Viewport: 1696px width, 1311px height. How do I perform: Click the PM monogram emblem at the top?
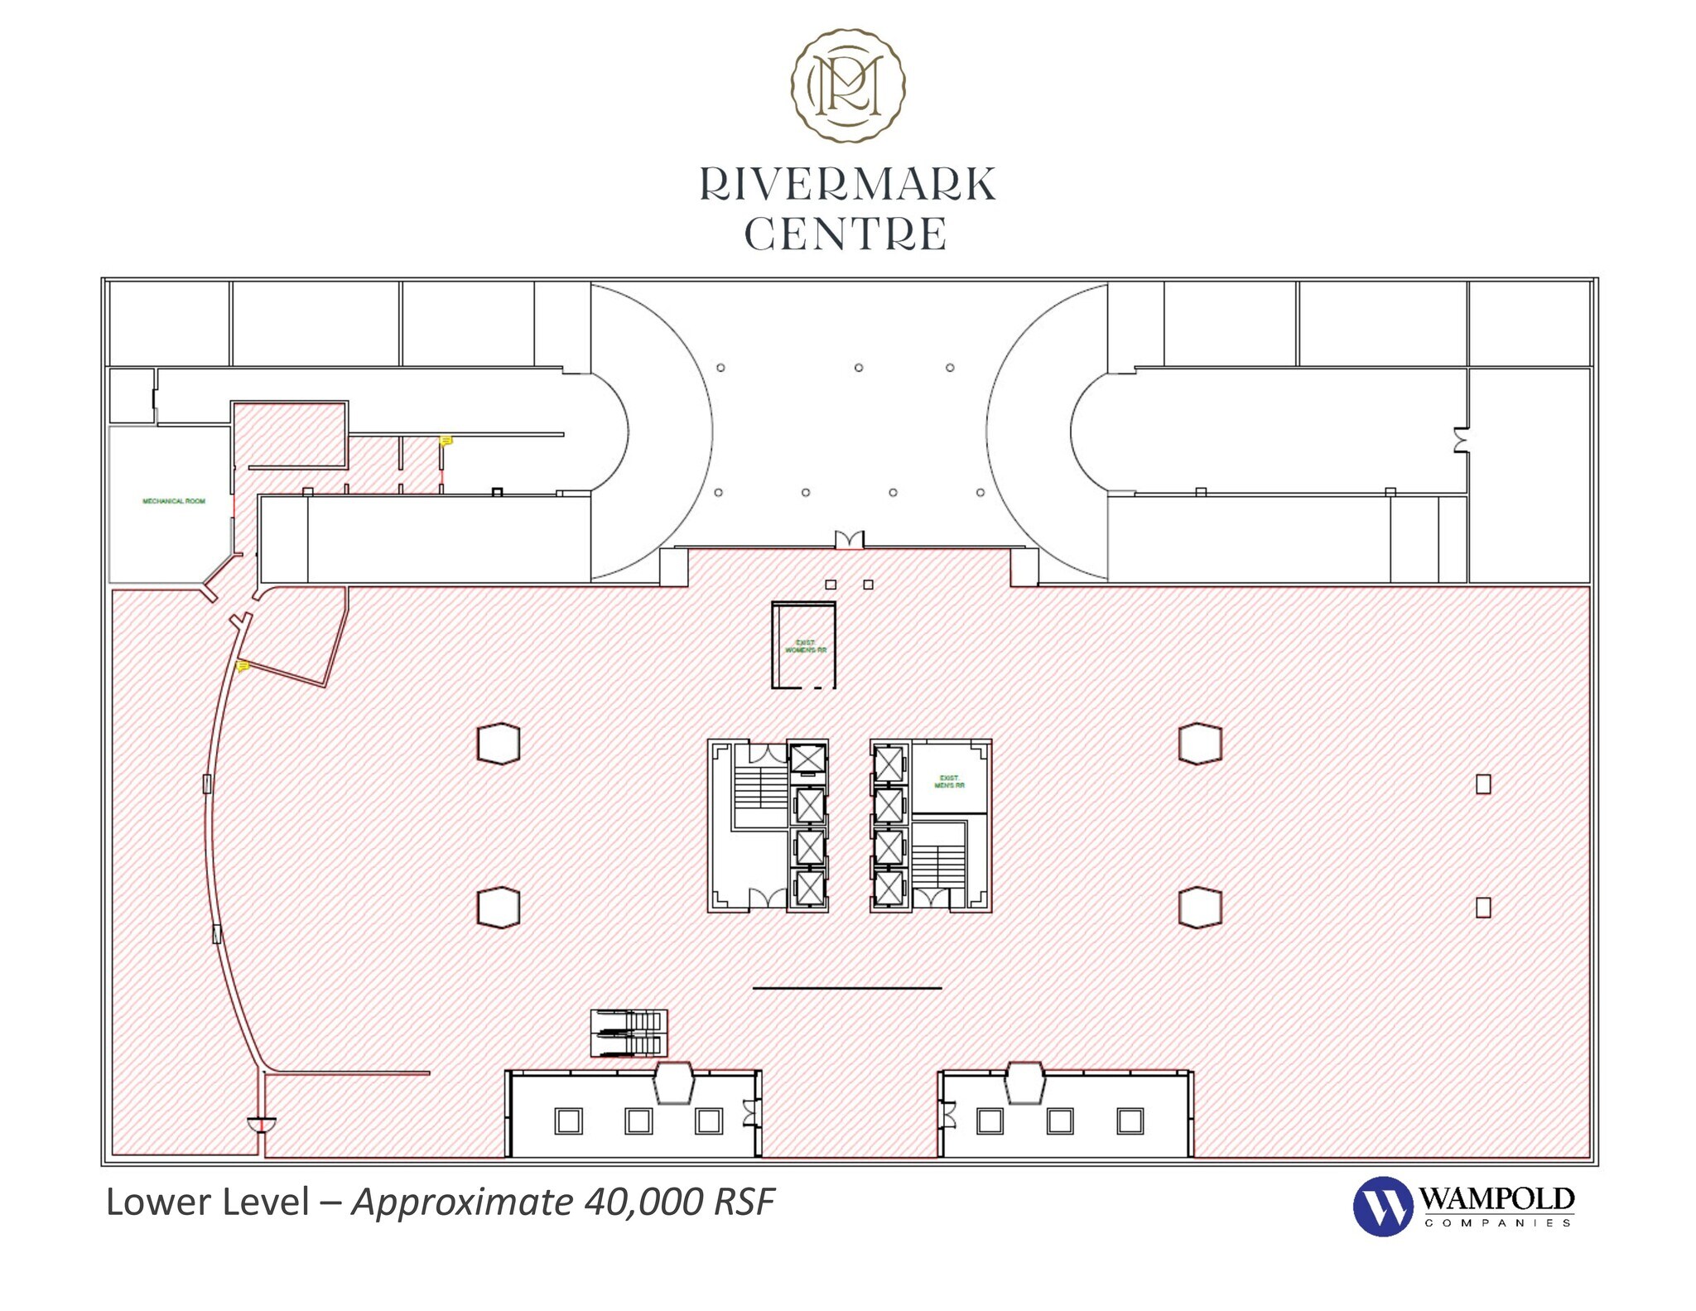coord(847,85)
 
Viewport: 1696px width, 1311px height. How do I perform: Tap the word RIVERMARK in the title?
coord(847,185)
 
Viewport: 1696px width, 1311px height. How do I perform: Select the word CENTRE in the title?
coord(846,234)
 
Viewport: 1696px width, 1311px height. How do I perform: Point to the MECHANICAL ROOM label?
coord(174,501)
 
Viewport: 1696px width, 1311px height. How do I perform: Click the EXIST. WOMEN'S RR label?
coord(806,646)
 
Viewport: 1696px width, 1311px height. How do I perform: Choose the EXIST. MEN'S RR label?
coord(949,782)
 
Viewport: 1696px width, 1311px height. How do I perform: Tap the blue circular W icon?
coord(1382,1206)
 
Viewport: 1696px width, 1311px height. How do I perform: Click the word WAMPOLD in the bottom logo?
coord(1496,1198)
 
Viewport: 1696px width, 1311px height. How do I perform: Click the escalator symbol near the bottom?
coord(629,1033)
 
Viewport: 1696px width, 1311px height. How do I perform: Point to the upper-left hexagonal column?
coord(499,743)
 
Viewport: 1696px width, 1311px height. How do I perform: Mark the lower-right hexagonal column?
coord(1200,907)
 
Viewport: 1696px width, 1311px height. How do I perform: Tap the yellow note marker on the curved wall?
coord(243,666)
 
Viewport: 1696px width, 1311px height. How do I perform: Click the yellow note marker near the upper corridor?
coord(446,441)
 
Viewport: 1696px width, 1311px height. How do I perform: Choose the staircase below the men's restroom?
coord(938,866)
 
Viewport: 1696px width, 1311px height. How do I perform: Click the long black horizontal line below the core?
coord(846,988)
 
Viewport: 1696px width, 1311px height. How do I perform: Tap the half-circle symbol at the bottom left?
coord(262,1125)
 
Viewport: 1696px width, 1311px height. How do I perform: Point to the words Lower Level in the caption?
coord(208,1202)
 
